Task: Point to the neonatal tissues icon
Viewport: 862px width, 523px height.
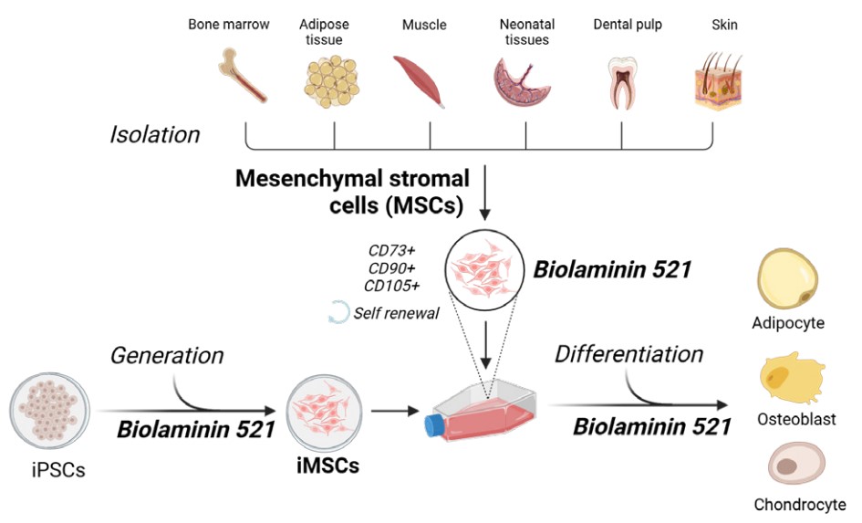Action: pos(524,82)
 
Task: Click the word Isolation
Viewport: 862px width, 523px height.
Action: pos(154,135)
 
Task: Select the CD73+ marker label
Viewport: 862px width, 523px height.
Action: pos(393,248)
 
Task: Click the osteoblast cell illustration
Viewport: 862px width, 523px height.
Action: pos(791,380)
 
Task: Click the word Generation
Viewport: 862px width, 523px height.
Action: pos(167,355)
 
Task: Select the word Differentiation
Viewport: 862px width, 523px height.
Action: pos(629,353)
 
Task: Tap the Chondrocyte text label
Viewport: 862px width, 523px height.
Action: pos(799,504)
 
